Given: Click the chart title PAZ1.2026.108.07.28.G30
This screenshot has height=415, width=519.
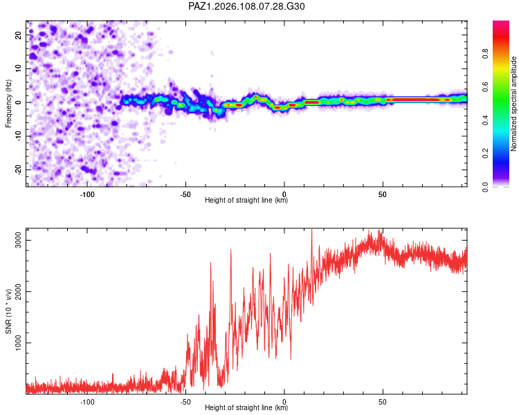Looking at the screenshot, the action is click(246, 6).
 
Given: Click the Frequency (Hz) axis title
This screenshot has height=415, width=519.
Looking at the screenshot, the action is click(8, 104).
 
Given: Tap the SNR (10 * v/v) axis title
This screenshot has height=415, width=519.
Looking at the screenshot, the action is click(8, 311).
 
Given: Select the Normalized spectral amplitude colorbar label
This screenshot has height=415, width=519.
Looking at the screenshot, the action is click(513, 104).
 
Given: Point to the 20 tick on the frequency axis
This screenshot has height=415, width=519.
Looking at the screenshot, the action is click(19, 35).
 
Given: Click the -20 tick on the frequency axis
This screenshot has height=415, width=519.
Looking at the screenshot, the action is click(19, 169).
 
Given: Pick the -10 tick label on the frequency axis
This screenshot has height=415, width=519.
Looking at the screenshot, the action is click(19, 136).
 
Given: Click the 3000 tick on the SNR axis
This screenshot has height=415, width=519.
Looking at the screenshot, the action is click(19, 240).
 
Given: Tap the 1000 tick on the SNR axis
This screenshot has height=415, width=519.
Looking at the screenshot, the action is click(19, 343).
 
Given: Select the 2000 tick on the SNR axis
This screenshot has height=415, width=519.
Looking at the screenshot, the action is click(19, 292).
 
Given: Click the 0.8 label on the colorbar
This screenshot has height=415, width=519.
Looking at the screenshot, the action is click(485, 53).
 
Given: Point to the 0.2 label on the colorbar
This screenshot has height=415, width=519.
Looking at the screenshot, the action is click(485, 154).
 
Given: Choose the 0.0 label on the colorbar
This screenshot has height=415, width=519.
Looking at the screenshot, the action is click(485, 187).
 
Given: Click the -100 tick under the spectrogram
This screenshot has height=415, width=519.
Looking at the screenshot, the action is click(87, 194).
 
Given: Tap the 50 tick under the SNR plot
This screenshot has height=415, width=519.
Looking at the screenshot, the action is click(383, 402).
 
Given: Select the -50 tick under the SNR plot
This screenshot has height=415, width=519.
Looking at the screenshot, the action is click(185, 402).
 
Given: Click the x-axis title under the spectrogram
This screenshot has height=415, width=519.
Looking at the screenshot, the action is click(246, 200).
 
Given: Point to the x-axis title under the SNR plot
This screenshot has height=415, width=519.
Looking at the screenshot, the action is click(246, 407).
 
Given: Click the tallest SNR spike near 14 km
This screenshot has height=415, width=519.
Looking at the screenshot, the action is click(312, 232).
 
